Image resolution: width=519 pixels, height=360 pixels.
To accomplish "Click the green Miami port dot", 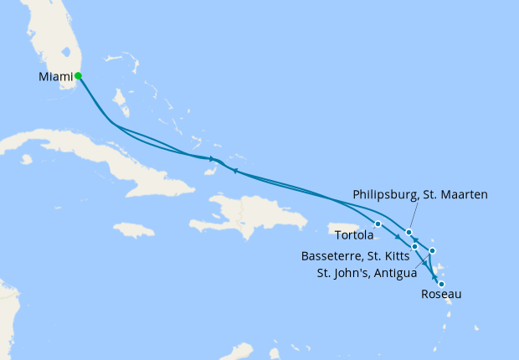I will coord(78,75).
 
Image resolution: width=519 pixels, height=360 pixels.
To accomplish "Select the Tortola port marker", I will coord(378,224).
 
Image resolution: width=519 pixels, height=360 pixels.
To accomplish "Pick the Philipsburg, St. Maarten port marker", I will coord(409,232).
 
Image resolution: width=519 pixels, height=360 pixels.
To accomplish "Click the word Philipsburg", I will coord(389,194).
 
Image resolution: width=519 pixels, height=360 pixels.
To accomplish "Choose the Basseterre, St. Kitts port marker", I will coord(414,246).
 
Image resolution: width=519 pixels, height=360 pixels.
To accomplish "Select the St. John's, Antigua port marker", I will coord(432,250).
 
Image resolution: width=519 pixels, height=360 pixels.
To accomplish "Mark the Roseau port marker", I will coord(441,285).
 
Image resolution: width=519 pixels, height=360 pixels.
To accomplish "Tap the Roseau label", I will coord(441,295).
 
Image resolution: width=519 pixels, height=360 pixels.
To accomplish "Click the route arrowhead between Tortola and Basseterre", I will coord(397,238).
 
